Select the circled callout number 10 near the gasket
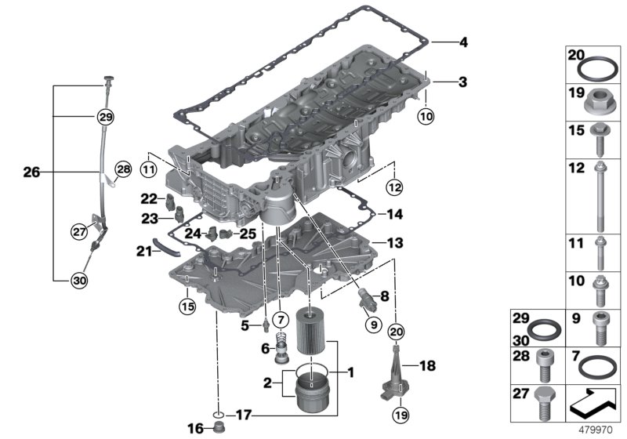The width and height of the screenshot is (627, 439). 426,118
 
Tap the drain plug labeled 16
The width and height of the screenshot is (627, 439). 218,427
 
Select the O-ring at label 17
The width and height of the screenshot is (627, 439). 219,413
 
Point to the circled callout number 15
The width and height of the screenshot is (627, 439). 187,305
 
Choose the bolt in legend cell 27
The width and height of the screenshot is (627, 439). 544,403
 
